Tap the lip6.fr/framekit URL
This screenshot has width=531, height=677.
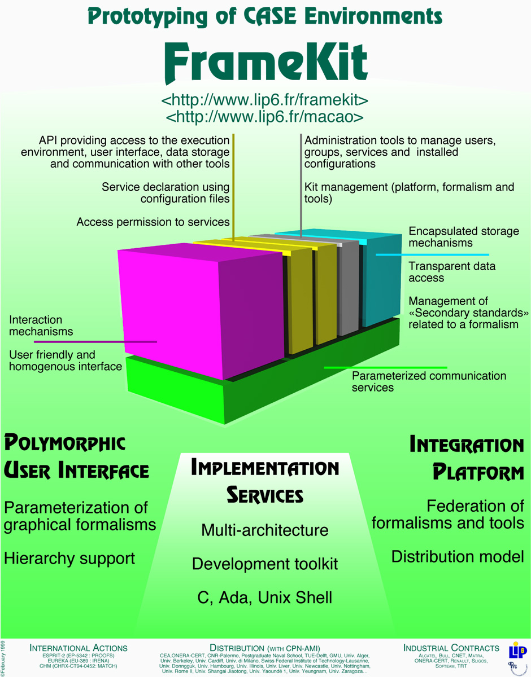click(265, 101)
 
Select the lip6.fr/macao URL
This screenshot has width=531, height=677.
click(265, 117)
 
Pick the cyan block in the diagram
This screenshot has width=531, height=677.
click(382, 279)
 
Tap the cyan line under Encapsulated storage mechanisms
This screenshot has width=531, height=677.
click(432, 254)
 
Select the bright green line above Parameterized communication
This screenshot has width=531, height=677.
click(384, 367)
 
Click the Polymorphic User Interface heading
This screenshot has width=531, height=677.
click(76, 456)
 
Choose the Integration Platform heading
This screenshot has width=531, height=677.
click(467, 458)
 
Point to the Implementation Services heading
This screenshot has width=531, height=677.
click(265, 481)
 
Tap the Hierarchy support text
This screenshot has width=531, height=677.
click(69, 559)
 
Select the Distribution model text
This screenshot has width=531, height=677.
click(458, 557)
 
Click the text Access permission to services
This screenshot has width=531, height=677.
click(153, 222)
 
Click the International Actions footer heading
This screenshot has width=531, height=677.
click(79, 648)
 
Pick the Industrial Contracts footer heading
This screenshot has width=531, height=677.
click(451, 648)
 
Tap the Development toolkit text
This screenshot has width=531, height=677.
click(265, 564)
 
